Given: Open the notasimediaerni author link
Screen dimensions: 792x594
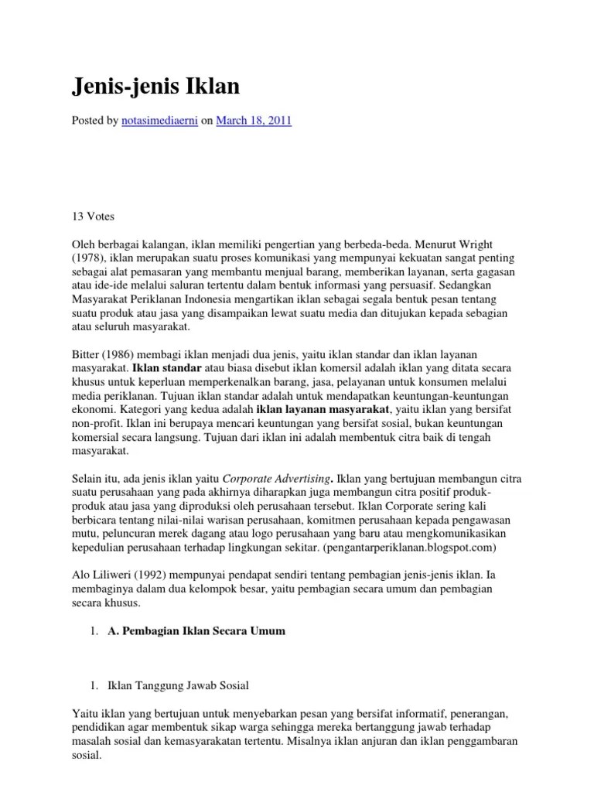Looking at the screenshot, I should tap(160, 121).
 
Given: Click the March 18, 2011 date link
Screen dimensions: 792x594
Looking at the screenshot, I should tap(253, 121).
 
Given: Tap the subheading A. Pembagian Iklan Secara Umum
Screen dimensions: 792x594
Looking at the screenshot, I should tap(196, 631).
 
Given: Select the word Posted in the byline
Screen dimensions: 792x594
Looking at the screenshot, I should tap(89, 121).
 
